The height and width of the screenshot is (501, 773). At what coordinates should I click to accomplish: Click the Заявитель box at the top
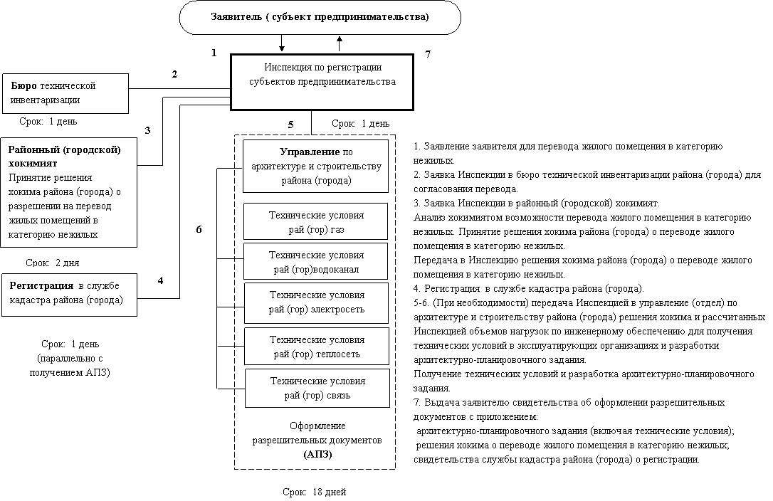(320, 17)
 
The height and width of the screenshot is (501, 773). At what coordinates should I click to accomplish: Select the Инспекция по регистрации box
(322, 82)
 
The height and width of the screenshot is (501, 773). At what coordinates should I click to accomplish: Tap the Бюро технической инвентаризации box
(65, 94)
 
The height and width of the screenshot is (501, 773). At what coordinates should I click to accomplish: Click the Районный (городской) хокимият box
(69, 192)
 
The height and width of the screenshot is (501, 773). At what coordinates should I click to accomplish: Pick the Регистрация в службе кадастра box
(70, 295)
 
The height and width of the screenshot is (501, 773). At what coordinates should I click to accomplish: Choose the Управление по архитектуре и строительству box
(315, 167)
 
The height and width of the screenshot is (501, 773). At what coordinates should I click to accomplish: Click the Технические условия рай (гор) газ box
(316, 221)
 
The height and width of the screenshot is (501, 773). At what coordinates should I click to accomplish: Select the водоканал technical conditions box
(316, 261)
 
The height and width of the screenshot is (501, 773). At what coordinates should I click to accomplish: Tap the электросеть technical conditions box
(317, 302)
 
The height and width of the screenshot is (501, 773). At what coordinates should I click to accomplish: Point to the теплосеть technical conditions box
(317, 346)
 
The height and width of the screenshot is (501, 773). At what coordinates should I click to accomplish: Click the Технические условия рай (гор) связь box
(317, 388)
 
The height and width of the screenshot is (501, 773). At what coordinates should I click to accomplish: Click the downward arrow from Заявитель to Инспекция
(282, 43)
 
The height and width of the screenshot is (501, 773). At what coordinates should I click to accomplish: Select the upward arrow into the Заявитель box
(340, 43)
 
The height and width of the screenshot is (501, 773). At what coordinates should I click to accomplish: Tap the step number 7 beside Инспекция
(428, 54)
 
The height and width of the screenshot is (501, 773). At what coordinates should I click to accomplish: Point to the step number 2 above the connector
(174, 75)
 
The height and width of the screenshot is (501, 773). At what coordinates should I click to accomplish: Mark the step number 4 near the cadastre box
(161, 280)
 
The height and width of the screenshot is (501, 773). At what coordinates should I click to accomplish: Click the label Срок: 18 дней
(315, 492)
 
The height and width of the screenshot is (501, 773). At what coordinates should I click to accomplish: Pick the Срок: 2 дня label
(52, 263)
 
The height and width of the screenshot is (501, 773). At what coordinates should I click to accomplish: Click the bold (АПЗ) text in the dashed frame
(317, 454)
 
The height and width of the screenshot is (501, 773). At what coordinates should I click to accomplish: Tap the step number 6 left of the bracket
(199, 229)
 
